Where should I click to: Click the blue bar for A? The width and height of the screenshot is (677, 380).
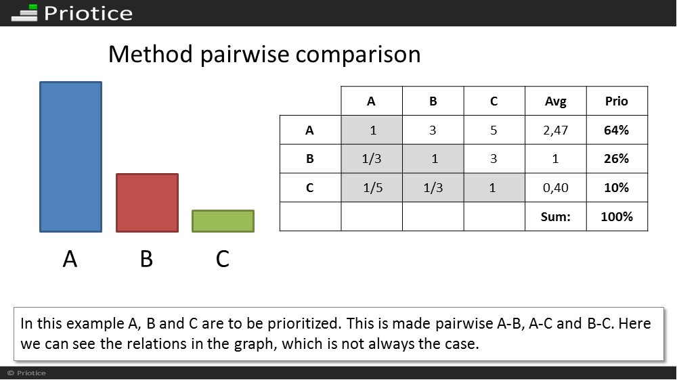pos(71,157)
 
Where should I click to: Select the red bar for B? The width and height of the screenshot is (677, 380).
pos(147,203)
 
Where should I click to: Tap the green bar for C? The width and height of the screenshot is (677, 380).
pos(223,221)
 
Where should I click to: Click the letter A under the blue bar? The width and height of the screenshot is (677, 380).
pos(70,259)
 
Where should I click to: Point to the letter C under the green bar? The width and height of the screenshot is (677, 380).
pos(222,259)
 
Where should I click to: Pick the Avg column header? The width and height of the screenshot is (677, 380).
pos(556,101)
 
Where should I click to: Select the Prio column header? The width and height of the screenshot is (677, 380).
pos(617,101)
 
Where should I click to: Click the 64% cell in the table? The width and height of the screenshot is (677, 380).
pos(617,130)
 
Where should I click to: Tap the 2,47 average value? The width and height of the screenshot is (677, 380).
pos(556,130)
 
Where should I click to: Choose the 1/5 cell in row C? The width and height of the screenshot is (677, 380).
pos(372,187)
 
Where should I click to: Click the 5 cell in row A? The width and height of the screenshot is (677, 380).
pos(494,130)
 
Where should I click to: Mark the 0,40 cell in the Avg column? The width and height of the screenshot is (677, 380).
pos(556,187)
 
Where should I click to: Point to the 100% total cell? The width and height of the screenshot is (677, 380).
pos(617,216)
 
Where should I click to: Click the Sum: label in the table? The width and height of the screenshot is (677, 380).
pos(555,216)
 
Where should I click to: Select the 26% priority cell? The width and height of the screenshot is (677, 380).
pos(617,159)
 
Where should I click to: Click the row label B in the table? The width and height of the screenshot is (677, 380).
pos(310,159)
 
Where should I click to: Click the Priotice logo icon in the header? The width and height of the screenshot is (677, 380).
pos(24,13)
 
